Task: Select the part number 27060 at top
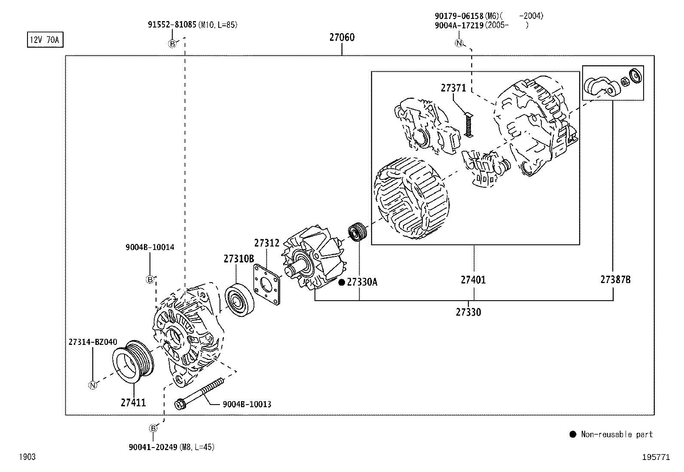tap(342, 37)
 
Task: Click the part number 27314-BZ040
tap(92, 342)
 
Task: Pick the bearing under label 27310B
tap(239, 300)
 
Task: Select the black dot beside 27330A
tap(342, 282)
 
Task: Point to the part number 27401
tap(473, 280)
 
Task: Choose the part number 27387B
tap(615, 280)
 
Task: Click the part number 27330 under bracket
tap(468, 312)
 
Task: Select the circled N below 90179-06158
tap(459, 43)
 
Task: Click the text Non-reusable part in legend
tap(617, 434)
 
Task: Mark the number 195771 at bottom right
tap(656, 457)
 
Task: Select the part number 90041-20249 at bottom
tap(153, 447)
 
